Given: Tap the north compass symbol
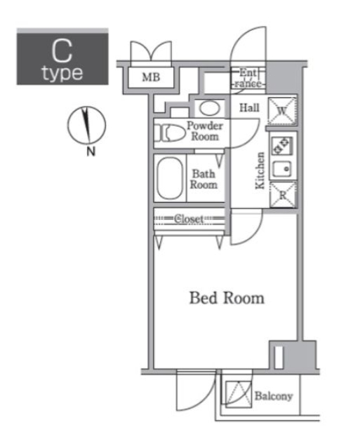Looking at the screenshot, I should point(86,126).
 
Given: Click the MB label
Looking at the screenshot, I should point(150,77).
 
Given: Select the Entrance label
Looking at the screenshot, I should point(249,78).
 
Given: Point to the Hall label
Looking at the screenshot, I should point(250,108).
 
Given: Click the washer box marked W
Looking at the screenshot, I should point(282,110).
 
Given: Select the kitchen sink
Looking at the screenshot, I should point(282,169).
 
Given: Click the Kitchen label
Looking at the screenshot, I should point(260,171).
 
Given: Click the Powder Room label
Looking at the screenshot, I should point(205,131).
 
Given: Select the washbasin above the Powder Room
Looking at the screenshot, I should point(208,108).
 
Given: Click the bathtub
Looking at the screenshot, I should point(169,178).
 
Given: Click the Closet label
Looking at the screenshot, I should point(189,219).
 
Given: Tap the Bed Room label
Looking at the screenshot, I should point(226,298).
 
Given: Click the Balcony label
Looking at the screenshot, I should point(272,396).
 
